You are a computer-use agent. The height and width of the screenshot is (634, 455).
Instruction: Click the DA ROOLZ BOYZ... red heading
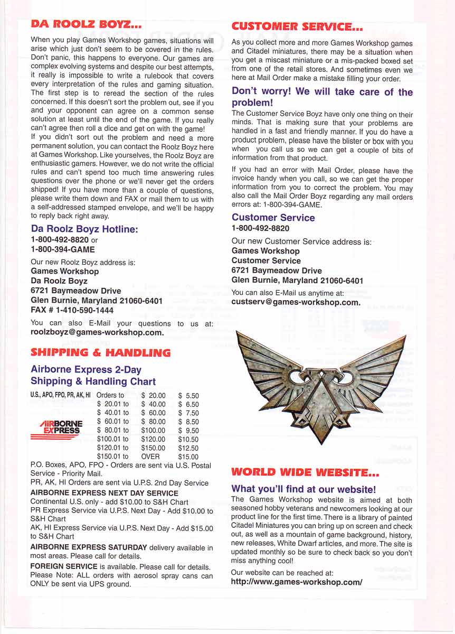point(86,24)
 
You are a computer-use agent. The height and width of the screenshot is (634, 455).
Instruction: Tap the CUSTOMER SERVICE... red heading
point(297,26)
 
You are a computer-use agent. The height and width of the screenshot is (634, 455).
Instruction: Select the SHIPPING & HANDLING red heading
point(101,352)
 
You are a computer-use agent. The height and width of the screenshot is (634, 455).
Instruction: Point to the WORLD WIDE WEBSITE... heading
point(305,472)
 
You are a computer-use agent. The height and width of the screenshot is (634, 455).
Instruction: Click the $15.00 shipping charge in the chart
point(188,456)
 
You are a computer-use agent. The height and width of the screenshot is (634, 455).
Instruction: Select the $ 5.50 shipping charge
point(188,395)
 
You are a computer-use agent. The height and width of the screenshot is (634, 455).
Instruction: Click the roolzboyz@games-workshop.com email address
point(98,333)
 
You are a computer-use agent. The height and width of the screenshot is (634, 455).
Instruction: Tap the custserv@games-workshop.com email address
point(296,303)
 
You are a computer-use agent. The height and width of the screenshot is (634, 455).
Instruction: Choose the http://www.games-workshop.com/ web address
point(297,582)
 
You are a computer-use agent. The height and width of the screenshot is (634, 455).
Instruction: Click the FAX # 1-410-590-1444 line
point(72,310)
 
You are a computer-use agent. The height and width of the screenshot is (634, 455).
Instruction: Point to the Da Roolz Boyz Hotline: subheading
point(84,229)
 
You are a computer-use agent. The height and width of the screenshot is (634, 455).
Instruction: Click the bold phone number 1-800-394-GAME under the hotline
point(63,249)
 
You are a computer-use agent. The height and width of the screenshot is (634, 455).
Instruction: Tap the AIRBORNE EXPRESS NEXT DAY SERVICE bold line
point(97,493)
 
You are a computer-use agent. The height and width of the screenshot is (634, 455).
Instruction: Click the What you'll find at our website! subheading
point(304,489)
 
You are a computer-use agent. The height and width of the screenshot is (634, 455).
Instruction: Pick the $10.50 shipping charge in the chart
point(188,439)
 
